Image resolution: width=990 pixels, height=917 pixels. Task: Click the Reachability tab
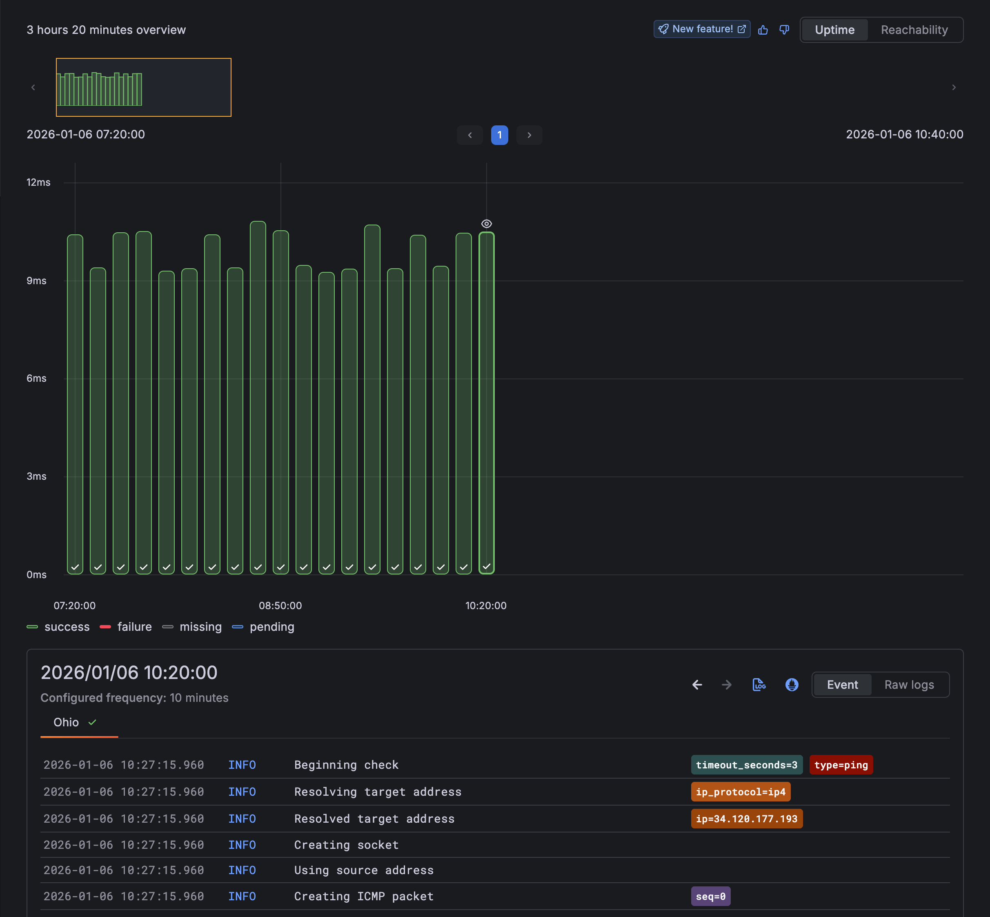point(914,30)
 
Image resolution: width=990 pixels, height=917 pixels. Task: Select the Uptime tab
point(835,30)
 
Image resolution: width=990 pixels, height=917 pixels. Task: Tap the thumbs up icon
point(763,30)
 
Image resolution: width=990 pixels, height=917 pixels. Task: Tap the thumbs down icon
point(784,30)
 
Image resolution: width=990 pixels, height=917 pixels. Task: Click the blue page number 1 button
point(499,135)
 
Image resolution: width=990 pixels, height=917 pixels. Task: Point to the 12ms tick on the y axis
point(38,183)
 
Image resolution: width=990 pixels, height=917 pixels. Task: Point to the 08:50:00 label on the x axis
point(280,605)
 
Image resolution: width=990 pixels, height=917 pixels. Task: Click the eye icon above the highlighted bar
point(486,224)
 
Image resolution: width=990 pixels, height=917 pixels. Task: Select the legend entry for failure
point(126,627)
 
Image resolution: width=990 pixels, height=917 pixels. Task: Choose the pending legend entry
point(263,627)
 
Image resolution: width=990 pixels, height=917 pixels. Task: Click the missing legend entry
point(193,627)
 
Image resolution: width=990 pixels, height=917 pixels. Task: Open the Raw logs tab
point(909,685)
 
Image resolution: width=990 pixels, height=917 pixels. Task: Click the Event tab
point(842,685)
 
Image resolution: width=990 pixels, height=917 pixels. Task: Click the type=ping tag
point(841,765)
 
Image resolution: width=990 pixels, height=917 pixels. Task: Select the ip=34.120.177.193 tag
point(746,819)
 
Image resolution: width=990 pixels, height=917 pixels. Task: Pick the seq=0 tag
point(710,896)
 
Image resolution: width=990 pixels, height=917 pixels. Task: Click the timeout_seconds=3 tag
point(746,765)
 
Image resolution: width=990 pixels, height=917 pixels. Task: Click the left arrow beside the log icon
point(697,685)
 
